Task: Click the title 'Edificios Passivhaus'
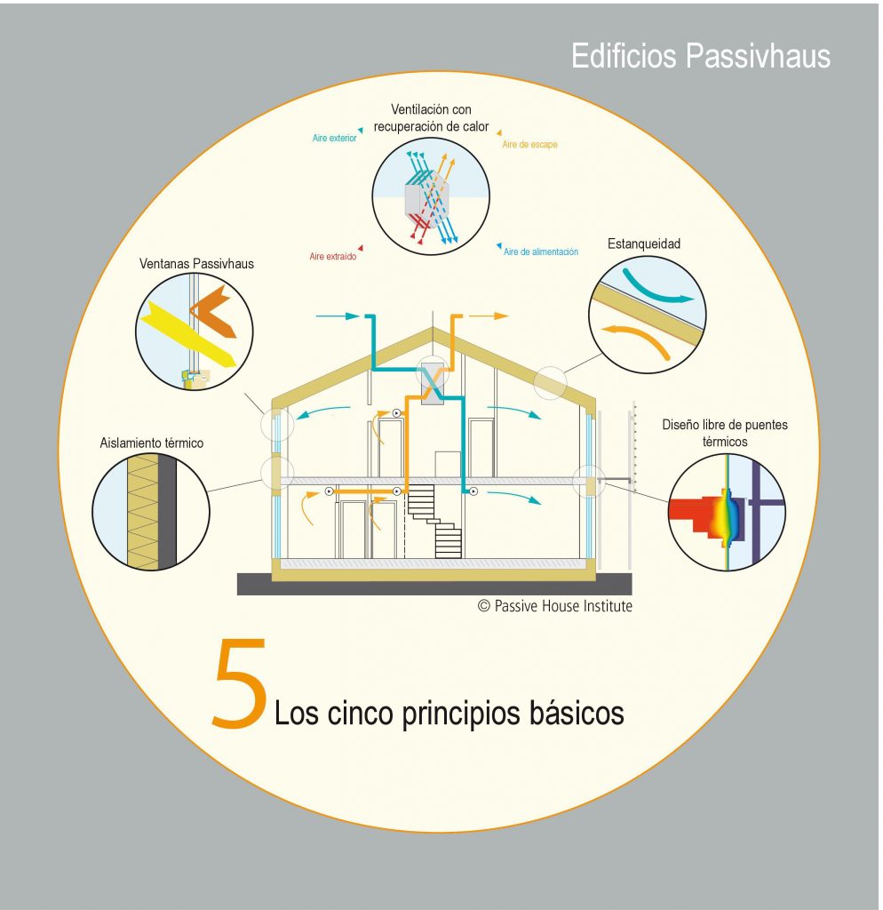coord(701,56)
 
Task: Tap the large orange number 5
coord(239,683)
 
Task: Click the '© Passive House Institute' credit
coord(554,606)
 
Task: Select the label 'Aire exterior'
coord(334,138)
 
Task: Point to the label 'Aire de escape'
coord(529,145)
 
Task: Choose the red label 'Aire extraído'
coord(332,256)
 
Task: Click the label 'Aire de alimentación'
coord(541,251)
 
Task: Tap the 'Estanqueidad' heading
coord(644,243)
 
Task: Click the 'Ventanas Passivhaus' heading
coord(196,263)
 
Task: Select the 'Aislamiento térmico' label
coord(151,443)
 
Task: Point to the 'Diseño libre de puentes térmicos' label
coord(725,433)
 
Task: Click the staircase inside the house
coord(435,521)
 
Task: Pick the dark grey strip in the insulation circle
coord(167,511)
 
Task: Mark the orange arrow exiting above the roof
coord(489,316)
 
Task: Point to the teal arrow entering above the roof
coord(338,316)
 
